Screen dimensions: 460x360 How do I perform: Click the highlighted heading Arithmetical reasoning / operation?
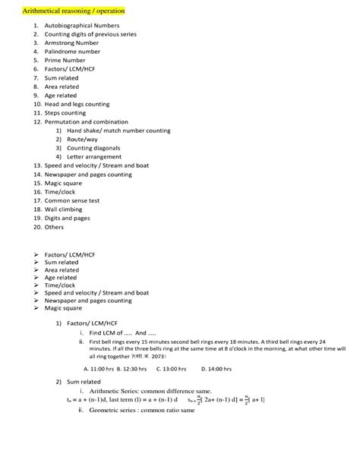point(63,13)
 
